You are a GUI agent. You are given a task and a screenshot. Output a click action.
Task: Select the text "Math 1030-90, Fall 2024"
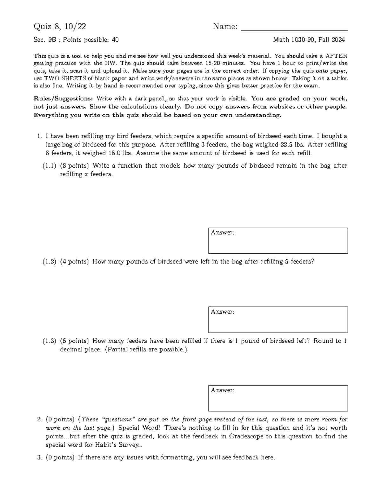click(x=309, y=40)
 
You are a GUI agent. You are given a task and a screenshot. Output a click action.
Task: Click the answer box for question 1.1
click(x=278, y=241)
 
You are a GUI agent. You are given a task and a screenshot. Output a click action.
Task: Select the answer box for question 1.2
click(x=278, y=320)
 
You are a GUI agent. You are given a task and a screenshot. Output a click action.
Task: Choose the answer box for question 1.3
click(x=278, y=399)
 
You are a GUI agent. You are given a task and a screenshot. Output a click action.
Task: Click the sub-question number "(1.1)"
click(x=50, y=166)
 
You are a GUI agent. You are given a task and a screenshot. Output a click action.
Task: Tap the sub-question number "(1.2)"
click(x=50, y=262)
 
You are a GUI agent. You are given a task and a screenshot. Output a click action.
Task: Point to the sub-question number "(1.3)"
click(x=50, y=341)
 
